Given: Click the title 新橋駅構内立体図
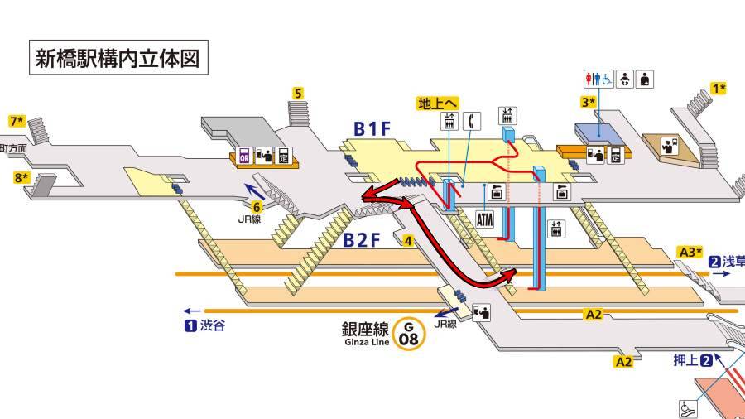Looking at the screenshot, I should click(x=116, y=58).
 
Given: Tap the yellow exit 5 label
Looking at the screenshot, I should click(x=298, y=93).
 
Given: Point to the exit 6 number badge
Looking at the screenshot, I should click(x=257, y=207).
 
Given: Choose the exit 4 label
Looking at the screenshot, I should click(x=408, y=241).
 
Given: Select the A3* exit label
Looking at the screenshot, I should click(x=690, y=252).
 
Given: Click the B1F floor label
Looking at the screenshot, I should click(x=371, y=128).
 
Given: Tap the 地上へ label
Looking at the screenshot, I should click(x=437, y=104).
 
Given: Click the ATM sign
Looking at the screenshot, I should click(x=486, y=219).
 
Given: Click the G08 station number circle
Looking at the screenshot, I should click(x=407, y=335).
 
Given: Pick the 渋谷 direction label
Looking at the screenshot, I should click(x=211, y=325).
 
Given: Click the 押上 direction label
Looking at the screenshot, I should click(x=685, y=359).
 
